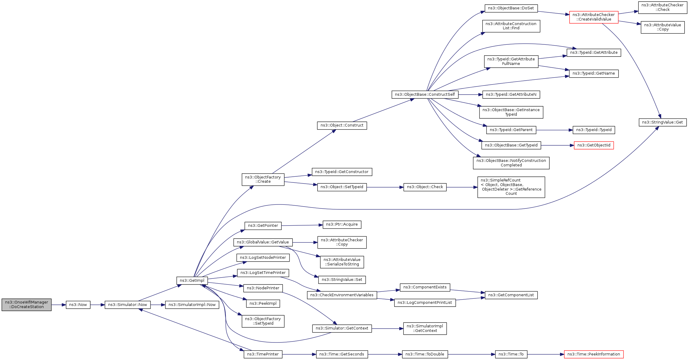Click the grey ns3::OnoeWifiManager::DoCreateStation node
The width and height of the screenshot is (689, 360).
(27, 304)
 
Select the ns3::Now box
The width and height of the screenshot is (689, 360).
(78, 305)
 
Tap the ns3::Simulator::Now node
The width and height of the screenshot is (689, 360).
(128, 305)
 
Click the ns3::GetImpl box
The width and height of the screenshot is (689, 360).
(192, 281)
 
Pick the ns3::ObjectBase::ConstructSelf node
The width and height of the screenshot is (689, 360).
(425, 95)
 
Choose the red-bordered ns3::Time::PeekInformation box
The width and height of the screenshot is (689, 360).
(594, 354)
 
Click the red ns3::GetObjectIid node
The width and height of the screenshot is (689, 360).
(594, 145)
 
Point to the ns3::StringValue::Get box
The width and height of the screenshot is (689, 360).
(662, 122)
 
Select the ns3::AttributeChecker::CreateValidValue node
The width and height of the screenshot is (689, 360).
(594, 17)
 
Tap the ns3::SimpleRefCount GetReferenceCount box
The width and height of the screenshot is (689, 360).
(511, 187)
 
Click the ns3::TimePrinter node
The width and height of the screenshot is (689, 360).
(263, 354)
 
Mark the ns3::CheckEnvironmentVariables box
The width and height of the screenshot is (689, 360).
(342, 295)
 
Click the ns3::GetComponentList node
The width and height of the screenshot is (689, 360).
(511, 295)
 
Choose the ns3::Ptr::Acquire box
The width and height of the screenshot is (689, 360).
(342, 224)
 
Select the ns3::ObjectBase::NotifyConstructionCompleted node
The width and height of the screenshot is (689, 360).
(511, 163)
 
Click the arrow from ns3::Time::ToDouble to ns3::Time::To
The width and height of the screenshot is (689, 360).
(471, 354)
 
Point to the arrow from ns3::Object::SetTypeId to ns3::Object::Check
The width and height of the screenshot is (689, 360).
(385, 187)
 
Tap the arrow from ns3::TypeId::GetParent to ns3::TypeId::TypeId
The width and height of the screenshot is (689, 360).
(555, 130)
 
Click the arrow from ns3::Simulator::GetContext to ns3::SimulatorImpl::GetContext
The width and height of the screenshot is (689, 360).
(387, 329)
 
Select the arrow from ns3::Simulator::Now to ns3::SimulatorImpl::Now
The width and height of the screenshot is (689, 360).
(158, 305)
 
